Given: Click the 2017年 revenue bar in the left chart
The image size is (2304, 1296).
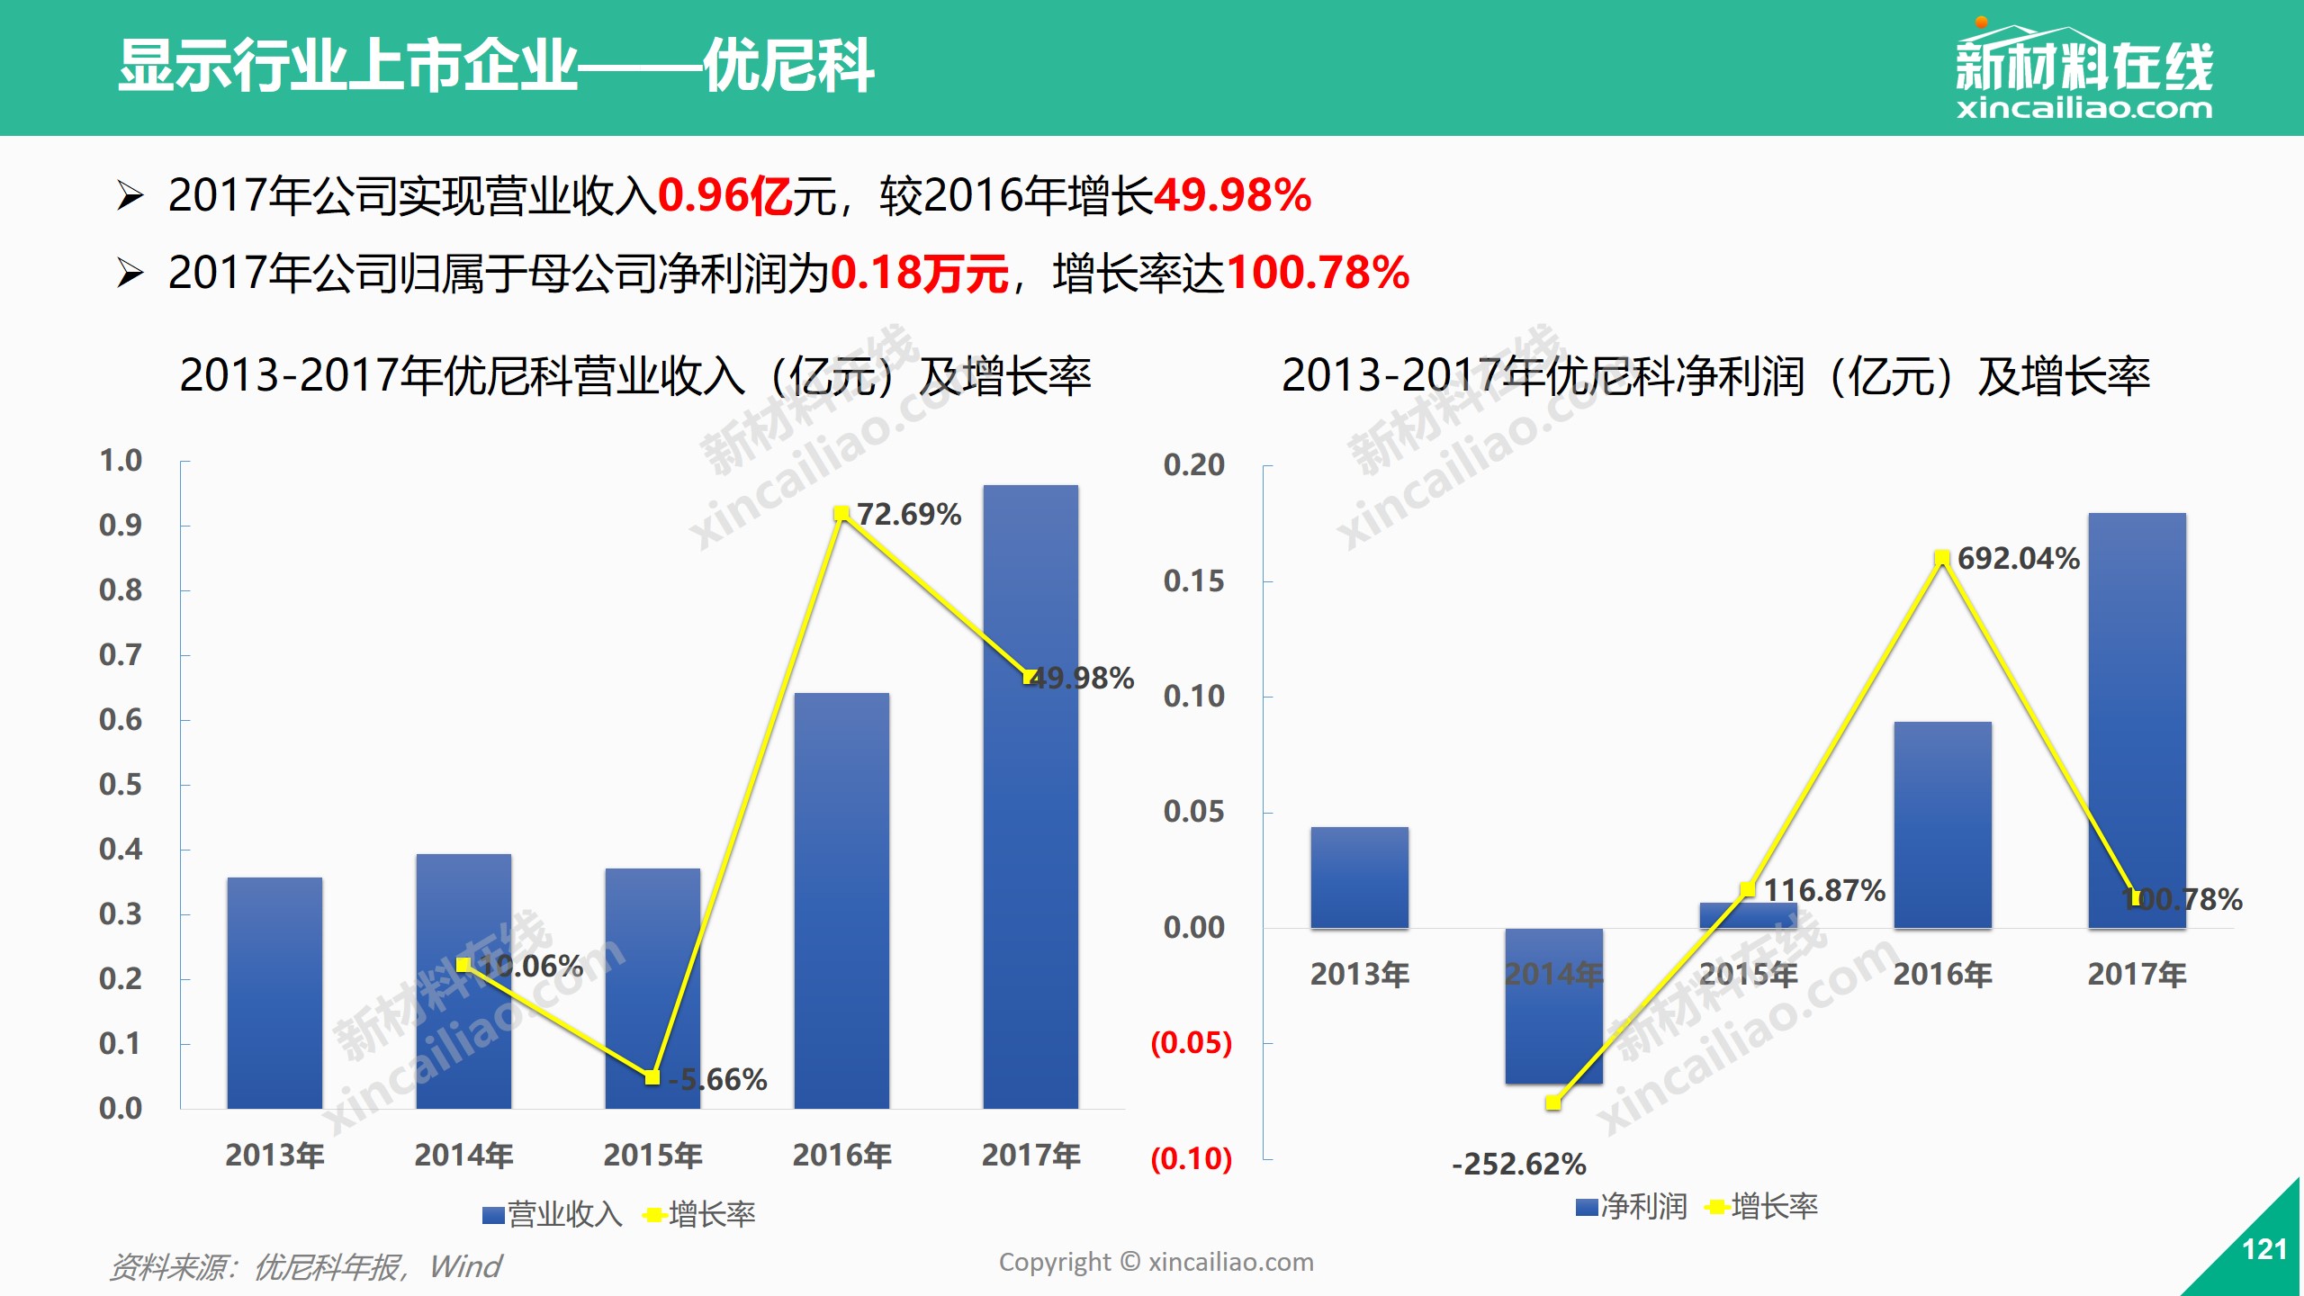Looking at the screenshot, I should [x=1030, y=810].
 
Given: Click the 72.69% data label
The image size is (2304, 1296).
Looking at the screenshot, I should [x=908, y=514].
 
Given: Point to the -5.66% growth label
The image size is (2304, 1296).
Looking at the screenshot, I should [x=718, y=1079].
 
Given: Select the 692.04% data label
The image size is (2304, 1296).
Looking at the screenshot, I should [x=2018, y=558].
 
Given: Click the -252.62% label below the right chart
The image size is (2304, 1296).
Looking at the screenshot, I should [x=1518, y=1164].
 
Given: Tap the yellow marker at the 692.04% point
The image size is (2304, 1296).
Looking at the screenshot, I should [x=1942, y=559].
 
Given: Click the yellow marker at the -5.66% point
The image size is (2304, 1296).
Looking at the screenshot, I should [x=652, y=1077].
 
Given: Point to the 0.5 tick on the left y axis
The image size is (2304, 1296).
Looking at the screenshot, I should [x=121, y=785].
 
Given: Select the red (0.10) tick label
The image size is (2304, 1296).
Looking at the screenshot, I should [x=1191, y=1158].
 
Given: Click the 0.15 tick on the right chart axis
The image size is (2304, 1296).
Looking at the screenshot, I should [x=1193, y=581].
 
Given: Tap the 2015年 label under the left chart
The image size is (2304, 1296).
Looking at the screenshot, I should [x=652, y=1155].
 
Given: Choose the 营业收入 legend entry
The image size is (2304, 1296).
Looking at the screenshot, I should [x=553, y=1215].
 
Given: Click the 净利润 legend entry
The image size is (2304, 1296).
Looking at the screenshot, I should [x=1632, y=1207].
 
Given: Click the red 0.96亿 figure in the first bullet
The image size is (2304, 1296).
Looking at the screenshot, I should [x=725, y=195].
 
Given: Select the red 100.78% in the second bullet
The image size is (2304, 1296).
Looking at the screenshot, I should [x=1318, y=273].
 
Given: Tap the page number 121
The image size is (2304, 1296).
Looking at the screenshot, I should [x=2264, y=1249].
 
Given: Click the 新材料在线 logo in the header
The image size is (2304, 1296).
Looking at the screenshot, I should [x=2083, y=72].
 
